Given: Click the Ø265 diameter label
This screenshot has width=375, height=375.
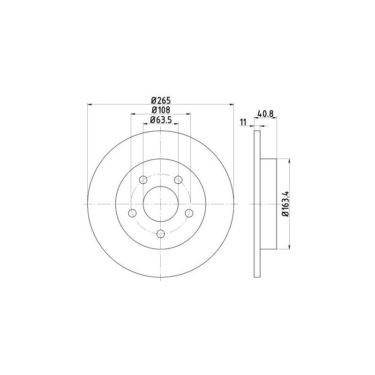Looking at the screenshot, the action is coord(161,100).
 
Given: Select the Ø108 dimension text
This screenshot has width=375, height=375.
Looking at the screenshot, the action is coord(161,110).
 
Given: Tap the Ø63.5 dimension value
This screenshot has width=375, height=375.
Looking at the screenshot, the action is coord(161,120).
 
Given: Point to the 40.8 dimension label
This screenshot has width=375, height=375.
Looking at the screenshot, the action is coord(265,113).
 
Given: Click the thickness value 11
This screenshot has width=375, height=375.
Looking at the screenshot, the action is coord(243,122).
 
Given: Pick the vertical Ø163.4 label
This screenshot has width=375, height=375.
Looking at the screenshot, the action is coord(286,204).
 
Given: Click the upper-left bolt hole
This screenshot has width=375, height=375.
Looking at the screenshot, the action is coord(143,180).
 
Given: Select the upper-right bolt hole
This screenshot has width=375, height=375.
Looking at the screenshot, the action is coord(178,180).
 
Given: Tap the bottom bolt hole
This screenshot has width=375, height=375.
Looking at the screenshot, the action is coord(161,234).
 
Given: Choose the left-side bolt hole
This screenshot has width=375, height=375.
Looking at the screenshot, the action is coord(132,213).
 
